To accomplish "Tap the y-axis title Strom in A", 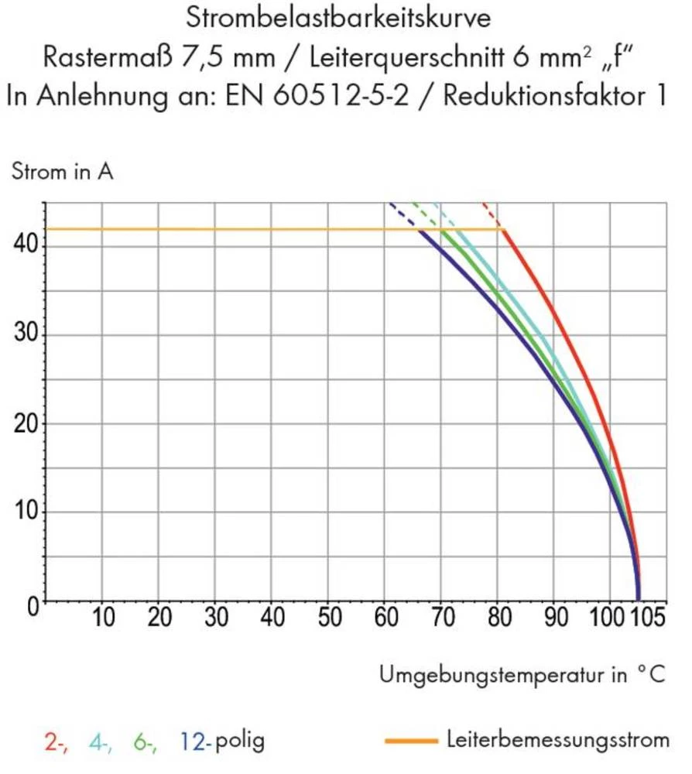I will (x=62, y=172).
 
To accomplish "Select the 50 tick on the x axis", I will (x=328, y=619).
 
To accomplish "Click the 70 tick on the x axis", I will (x=441, y=619).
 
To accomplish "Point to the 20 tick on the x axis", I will (x=159, y=619).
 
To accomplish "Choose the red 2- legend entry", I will (x=55, y=741).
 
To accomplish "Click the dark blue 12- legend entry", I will (x=195, y=741).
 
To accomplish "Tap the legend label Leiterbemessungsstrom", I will (x=557, y=740).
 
